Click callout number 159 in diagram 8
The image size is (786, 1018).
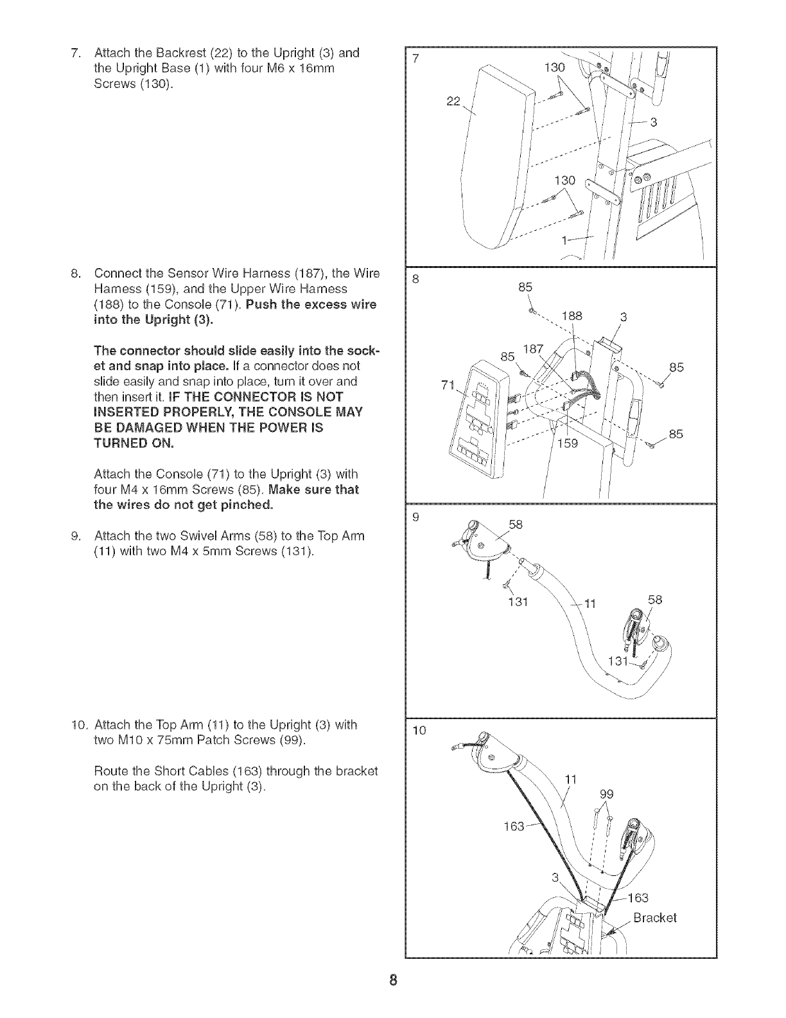pos(568,443)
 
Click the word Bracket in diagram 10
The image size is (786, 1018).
pos(654,917)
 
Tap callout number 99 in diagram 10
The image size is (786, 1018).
pos(606,794)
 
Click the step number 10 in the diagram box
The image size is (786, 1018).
pos(419,730)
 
